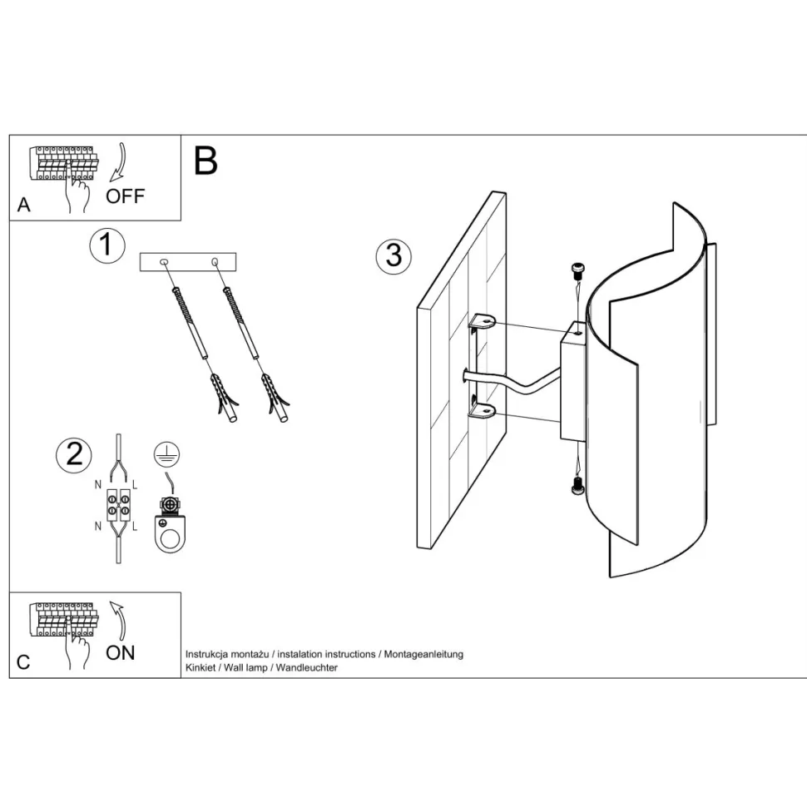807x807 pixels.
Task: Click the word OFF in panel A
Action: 125,196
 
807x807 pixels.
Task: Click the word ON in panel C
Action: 121,652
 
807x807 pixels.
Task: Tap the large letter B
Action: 205,161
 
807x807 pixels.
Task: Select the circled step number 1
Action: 106,246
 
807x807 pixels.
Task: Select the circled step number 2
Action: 73,454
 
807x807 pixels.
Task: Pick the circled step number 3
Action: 393,255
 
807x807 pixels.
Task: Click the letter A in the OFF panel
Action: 23,205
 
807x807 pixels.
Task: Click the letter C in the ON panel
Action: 23,662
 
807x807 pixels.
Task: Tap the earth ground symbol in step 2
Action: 166,454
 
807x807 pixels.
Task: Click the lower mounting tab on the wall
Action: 482,408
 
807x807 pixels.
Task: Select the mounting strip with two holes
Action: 188,262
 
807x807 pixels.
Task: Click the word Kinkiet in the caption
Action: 199,668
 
